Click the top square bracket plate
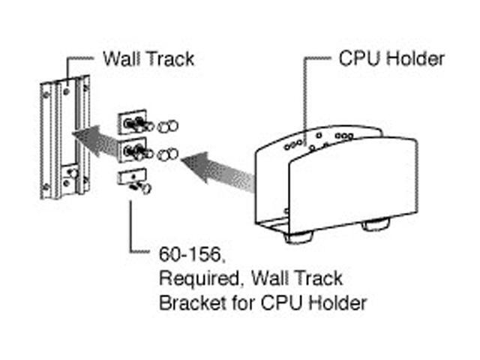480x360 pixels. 129,123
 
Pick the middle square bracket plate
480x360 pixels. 129,150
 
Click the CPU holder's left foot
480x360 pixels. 298,236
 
